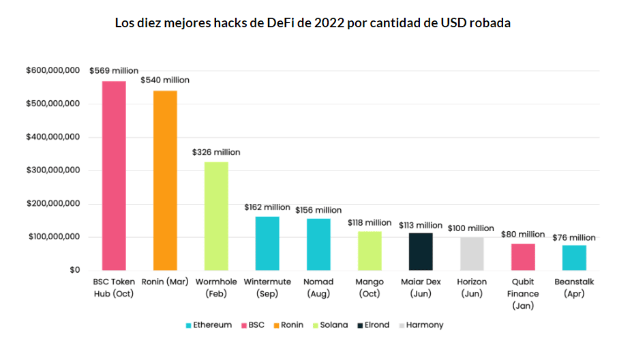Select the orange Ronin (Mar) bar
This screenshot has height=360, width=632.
pos(165,180)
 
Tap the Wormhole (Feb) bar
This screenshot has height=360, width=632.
pos(216,215)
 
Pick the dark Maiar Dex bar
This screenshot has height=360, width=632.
pos(421,252)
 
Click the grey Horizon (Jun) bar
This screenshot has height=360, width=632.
pos(472,254)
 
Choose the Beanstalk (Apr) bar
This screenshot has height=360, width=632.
pos(574,258)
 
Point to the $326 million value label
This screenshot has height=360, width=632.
pos(216,152)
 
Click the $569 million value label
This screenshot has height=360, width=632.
pos(114,70)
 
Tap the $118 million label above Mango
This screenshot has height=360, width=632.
pos(370,222)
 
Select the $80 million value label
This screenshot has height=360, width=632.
pos(523,234)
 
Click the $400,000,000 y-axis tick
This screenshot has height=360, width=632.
pos(53,137)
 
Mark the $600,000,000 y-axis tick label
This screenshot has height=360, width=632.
pos(53,70)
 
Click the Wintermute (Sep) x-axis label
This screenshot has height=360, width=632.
pos(267,287)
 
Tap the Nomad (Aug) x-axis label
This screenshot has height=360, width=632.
pos(318,287)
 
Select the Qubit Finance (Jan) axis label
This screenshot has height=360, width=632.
pos(523,293)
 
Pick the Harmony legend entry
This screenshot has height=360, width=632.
pos(421,325)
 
